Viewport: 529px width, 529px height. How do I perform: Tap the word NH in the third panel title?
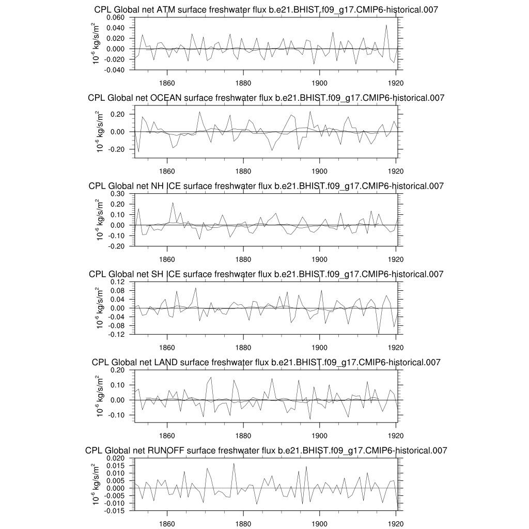coord(171,186)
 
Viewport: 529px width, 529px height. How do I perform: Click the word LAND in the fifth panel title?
coord(166,362)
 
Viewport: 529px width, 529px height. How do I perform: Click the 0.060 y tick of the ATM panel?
coord(116,18)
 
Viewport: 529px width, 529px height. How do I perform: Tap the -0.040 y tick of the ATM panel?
coord(115,70)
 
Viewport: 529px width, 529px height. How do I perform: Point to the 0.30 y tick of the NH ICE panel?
coord(118,194)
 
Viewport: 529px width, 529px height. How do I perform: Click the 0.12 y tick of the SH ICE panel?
coord(118,282)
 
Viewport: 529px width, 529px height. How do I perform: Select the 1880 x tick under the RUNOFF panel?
coord(243,522)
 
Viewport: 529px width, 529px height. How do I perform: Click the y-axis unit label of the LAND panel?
coord(98,395)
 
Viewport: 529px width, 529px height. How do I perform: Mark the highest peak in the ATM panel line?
coord(386,25)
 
